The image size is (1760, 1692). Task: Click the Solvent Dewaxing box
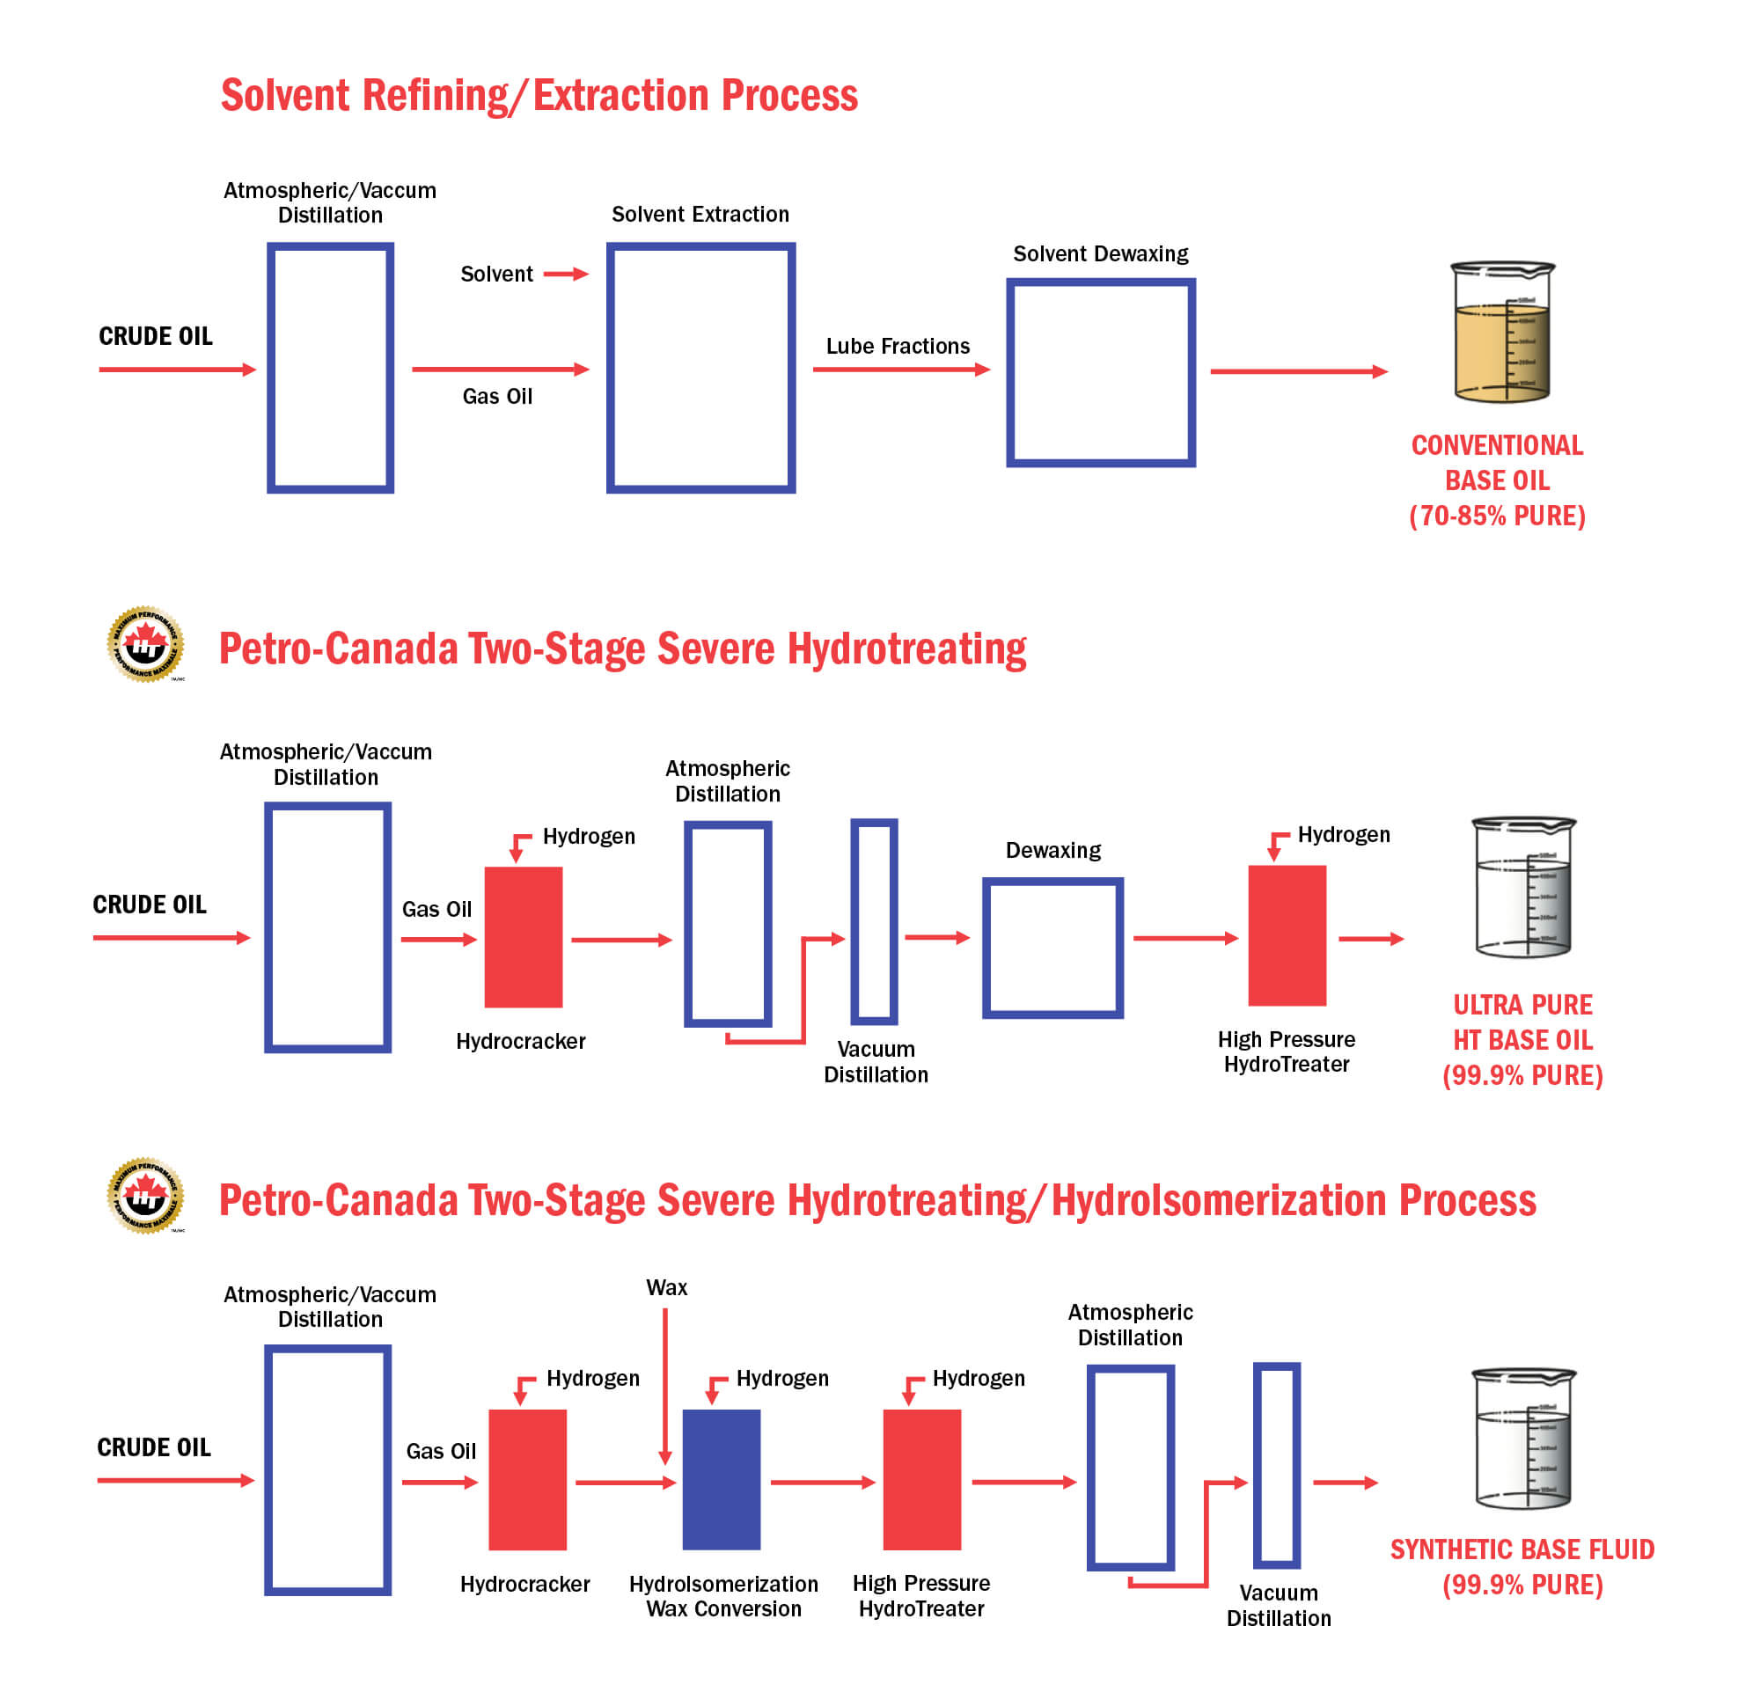pyautogui.click(x=1100, y=372)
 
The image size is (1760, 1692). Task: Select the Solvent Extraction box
pyautogui.click(x=700, y=367)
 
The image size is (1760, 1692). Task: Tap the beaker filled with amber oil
pyautogui.click(x=1502, y=332)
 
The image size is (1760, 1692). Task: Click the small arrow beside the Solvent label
pyautogui.click(x=566, y=274)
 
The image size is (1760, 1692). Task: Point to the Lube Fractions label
pyautogui.click(x=897, y=347)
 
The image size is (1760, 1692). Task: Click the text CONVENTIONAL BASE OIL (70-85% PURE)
pyautogui.click(x=1497, y=480)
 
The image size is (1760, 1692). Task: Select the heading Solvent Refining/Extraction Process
pyautogui.click(x=539, y=95)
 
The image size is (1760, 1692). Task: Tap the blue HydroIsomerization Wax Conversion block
pyautogui.click(x=721, y=1479)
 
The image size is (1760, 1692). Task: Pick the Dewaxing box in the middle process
pyautogui.click(x=1052, y=948)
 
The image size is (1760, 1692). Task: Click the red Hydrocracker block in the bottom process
pyautogui.click(x=527, y=1479)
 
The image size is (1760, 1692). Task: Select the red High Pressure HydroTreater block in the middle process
pyautogui.click(x=1287, y=935)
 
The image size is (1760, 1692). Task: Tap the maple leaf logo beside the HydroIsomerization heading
pyautogui.click(x=145, y=1196)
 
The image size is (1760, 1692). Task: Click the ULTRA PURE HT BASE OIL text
pyautogui.click(x=1522, y=1039)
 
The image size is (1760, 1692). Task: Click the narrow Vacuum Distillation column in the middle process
pyautogui.click(x=874, y=921)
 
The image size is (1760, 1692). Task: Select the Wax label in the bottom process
pyautogui.click(x=666, y=1287)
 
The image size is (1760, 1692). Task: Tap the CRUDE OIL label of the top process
pyautogui.click(x=156, y=337)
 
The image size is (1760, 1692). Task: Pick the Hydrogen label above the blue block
pyautogui.click(x=782, y=1378)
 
